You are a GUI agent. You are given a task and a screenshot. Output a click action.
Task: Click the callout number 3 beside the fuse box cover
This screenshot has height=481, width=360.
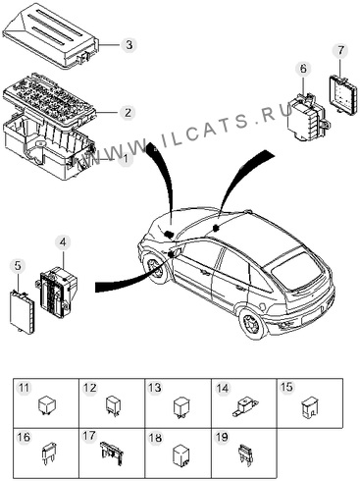(129, 44)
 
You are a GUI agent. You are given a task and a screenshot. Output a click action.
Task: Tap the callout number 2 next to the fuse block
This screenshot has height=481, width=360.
(128, 112)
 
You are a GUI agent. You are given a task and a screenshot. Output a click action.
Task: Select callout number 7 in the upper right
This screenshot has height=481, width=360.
(340, 50)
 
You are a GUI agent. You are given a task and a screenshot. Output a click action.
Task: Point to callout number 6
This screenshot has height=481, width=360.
(303, 69)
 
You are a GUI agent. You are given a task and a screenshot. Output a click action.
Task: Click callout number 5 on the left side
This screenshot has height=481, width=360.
(18, 266)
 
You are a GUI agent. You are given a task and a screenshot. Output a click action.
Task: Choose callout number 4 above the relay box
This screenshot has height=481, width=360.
(63, 242)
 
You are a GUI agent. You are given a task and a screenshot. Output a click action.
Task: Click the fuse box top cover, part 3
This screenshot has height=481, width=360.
(51, 35)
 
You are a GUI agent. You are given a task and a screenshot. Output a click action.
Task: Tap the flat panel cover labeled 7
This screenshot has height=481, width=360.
(342, 93)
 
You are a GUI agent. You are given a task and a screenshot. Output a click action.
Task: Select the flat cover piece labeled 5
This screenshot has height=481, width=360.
(23, 311)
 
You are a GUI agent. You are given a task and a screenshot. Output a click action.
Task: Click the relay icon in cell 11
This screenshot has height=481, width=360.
(47, 405)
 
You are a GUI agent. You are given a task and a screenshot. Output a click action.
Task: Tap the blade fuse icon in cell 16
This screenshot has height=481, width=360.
(48, 453)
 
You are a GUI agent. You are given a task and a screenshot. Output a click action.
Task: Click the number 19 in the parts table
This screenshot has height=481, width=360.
(222, 437)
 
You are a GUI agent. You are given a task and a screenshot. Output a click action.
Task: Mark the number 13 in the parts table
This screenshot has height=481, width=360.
(154, 388)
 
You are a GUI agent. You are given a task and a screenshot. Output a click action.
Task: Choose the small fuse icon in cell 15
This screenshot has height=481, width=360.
(309, 407)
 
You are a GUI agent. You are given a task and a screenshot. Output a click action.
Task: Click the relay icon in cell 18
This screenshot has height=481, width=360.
(180, 454)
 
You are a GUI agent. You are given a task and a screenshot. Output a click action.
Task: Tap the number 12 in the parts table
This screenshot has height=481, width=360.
(89, 388)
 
